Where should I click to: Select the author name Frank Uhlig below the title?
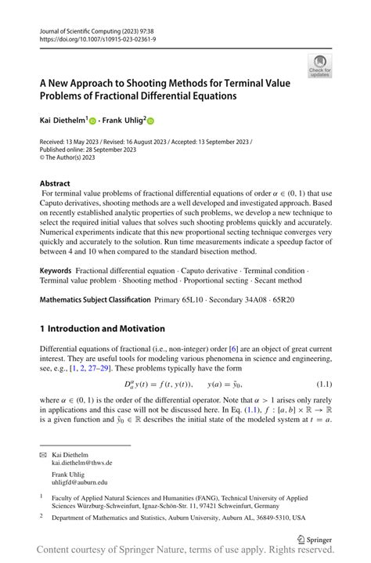(121, 121)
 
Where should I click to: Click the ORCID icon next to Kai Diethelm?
(92, 122)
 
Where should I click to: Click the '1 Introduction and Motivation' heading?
(103, 328)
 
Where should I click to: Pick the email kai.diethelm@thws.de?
(81, 463)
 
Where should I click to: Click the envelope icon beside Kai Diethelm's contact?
(44, 454)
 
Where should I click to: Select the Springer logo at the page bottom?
(313, 540)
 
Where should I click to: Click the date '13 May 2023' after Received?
(88, 143)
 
